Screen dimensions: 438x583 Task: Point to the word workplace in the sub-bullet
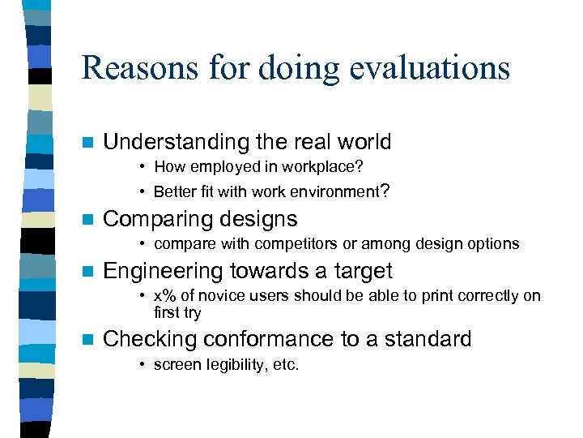click(x=320, y=167)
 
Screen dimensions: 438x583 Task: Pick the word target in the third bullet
click(x=359, y=271)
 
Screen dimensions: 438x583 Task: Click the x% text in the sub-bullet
click(x=165, y=295)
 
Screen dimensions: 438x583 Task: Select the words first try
click(x=177, y=312)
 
